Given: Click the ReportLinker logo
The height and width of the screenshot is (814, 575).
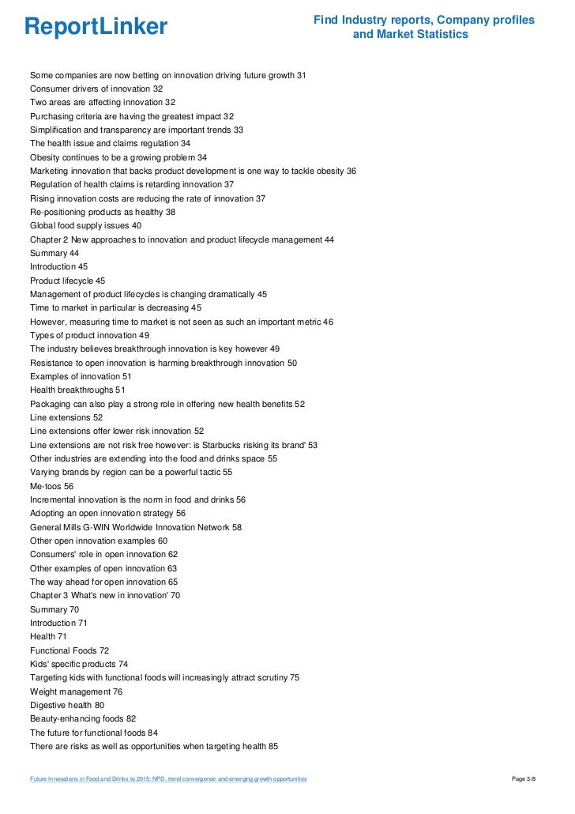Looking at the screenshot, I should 96,27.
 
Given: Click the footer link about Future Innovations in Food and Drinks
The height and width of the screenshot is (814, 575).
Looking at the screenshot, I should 168,779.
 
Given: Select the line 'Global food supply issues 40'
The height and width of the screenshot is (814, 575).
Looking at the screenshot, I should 85,225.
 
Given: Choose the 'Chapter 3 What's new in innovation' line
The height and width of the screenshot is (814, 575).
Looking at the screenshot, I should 105,596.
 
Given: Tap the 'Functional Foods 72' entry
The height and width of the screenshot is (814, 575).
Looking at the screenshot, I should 70,650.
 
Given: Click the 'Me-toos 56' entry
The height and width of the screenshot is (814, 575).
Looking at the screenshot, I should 51,486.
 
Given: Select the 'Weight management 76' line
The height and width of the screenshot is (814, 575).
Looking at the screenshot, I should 76,692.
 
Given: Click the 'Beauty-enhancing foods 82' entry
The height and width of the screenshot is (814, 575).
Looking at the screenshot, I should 83,719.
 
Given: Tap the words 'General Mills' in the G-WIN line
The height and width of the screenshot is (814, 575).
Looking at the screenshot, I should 56,527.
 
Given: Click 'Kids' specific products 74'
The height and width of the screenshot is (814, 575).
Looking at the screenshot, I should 78,664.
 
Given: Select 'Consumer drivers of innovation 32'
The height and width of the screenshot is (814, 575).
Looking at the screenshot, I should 96,89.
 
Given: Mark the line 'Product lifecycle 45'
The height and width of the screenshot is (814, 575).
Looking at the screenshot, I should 67,281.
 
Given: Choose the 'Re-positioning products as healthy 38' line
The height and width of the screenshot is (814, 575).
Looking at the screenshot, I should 103,212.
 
